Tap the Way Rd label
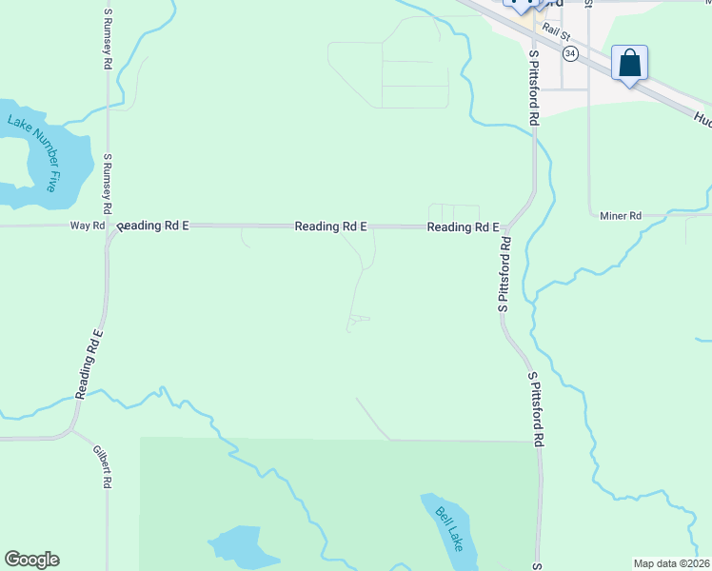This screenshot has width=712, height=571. [x=87, y=226]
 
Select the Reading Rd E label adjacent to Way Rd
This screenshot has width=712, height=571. [x=154, y=226]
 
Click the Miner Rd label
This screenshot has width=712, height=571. [x=621, y=216]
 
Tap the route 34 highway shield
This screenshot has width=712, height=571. [x=569, y=53]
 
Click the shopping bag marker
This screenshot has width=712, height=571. [x=629, y=64]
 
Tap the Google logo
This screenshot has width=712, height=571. [x=31, y=560]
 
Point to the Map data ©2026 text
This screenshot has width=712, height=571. [x=671, y=563]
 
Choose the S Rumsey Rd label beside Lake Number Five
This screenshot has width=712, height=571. [x=109, y=183]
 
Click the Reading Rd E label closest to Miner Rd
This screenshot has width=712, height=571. [x=463, y=227]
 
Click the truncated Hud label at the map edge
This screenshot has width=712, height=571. [x=702, y=119]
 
